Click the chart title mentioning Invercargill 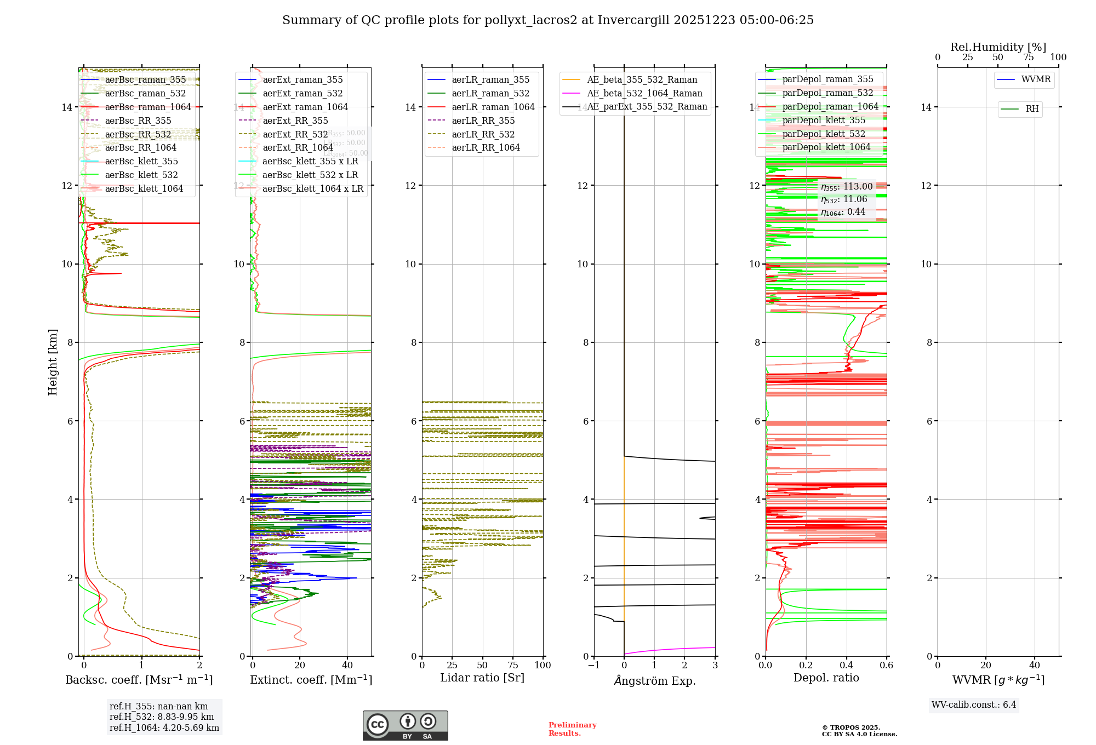(x=547, y=20)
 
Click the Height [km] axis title (x=53, y=362)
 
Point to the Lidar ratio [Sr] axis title (x=482, y=678)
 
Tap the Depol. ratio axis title (x=826, y=678)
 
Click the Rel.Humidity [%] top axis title (x=998, y=47)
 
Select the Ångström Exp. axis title (x=654, y=680)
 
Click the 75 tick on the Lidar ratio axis (x=513, y=665)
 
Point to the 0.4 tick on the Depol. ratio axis (x=846, y=665)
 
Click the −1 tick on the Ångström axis (x=593, y=665)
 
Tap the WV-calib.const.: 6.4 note (x=973, y=704)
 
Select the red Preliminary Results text (x=572, y=729)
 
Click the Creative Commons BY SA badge (x=405, y=725)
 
